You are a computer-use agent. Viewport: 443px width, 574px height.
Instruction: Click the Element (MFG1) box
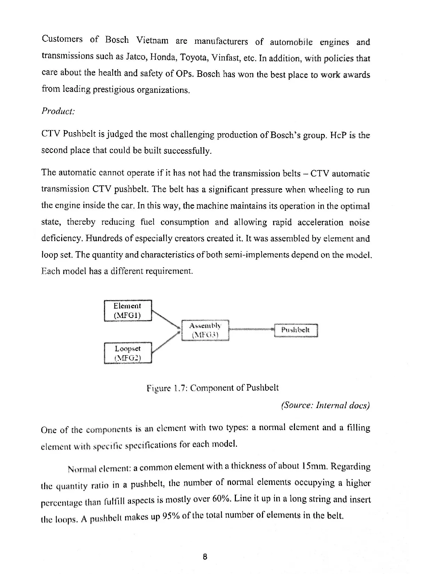[x=128, y=311]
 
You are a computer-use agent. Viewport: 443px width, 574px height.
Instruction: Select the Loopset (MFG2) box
[x=128, y=353]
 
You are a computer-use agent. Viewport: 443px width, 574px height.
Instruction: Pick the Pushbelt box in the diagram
[x=296, y=330]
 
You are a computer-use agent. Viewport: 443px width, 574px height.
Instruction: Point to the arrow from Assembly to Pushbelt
[x=252, y=329]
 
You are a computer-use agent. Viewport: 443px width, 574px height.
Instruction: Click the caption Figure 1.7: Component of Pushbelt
[x=213, y=388]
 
